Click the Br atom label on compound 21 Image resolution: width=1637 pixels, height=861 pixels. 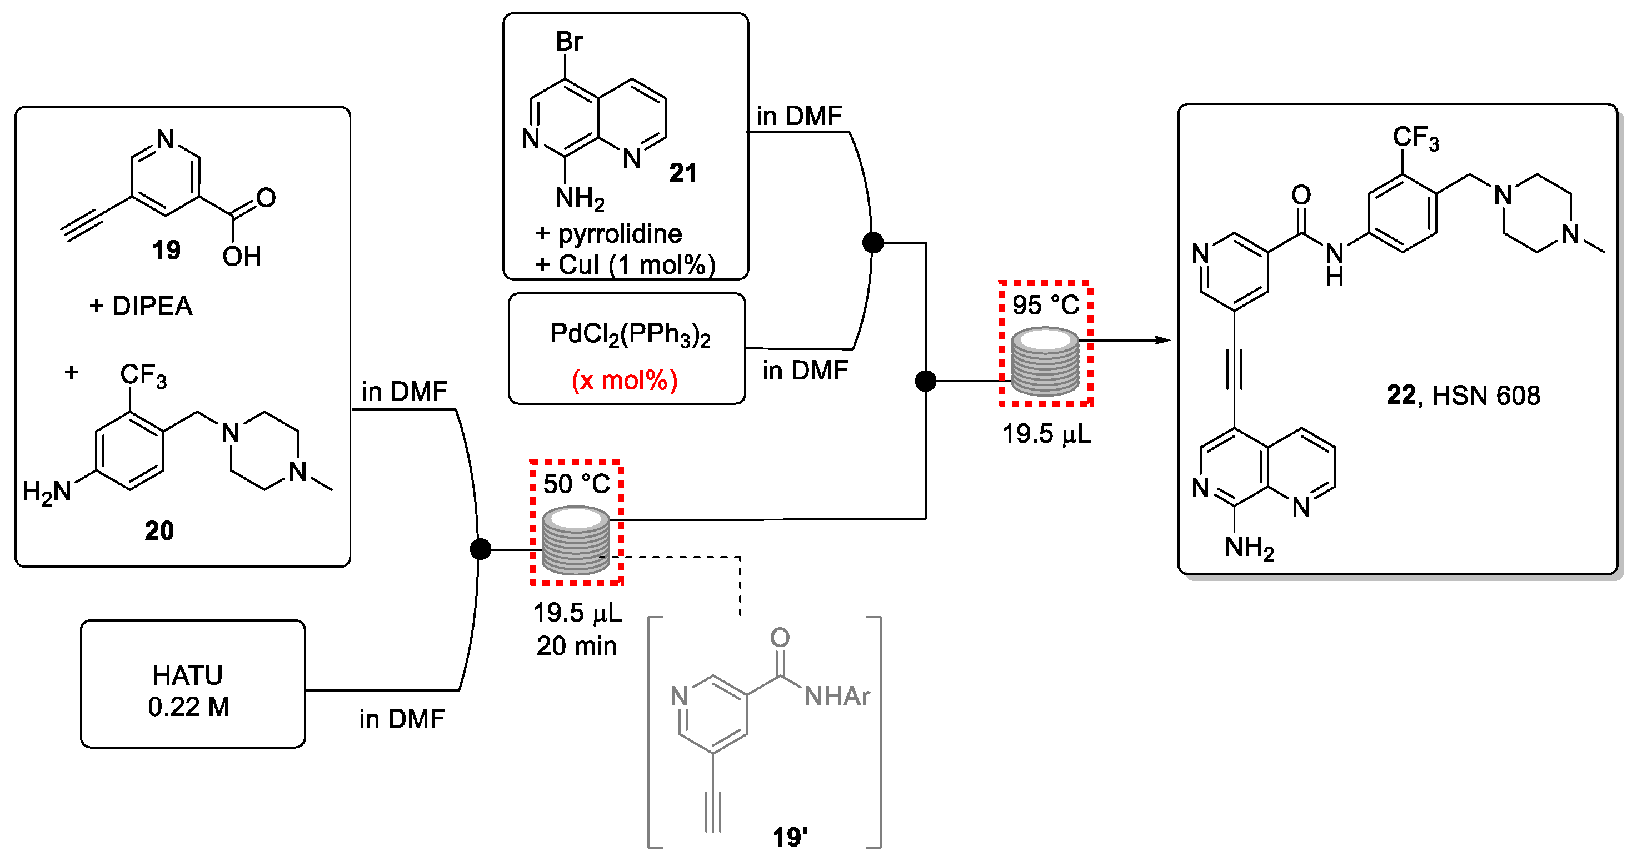569,42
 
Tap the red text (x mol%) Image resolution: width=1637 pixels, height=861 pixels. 625,381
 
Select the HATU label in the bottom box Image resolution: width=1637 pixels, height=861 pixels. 188,675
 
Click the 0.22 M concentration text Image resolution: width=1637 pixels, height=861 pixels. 189,707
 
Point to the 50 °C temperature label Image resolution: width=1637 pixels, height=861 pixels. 576,484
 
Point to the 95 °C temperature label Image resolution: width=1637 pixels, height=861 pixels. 1045,305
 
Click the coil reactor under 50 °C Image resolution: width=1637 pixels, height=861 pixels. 576,540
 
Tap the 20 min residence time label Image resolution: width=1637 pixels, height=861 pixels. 576,646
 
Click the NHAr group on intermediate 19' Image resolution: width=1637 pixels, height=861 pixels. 837,697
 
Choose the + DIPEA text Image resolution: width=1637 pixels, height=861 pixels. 141,306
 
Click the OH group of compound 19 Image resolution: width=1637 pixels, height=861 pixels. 242,257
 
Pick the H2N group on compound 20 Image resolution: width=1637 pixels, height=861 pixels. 46,492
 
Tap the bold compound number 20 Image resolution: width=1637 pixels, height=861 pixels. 159,531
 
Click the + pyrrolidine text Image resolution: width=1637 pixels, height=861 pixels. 609,234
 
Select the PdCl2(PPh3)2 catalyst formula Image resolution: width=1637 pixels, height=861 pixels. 630,334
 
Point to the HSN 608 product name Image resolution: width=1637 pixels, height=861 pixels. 1486,396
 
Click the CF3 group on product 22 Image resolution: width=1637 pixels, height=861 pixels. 1416,138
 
